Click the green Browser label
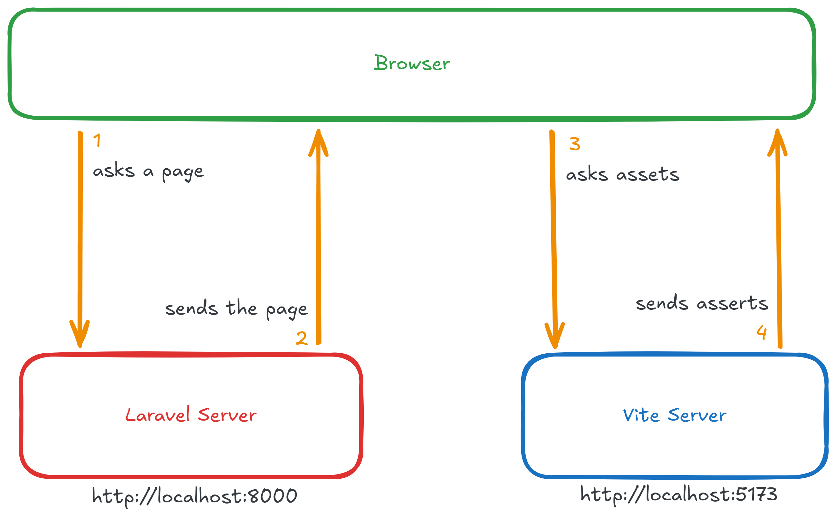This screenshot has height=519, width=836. pos(411,63)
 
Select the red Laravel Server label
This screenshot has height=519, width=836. pos(191,415)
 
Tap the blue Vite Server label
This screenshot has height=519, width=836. pos(674,415)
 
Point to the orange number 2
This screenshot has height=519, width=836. pos(302,338)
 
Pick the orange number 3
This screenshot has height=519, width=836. pos(575,144)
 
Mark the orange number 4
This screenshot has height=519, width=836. pos(762,332)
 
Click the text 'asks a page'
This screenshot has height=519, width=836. pos(148,171)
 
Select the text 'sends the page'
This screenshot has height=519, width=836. pos(236,308)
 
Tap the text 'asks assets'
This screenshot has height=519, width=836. pos(622,174)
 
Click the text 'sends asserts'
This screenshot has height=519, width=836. pos(702,303)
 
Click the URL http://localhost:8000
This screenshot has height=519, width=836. pos(195,496)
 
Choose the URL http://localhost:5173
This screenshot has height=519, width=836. pos(679,495)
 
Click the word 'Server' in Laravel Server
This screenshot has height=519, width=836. pos(227,415)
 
